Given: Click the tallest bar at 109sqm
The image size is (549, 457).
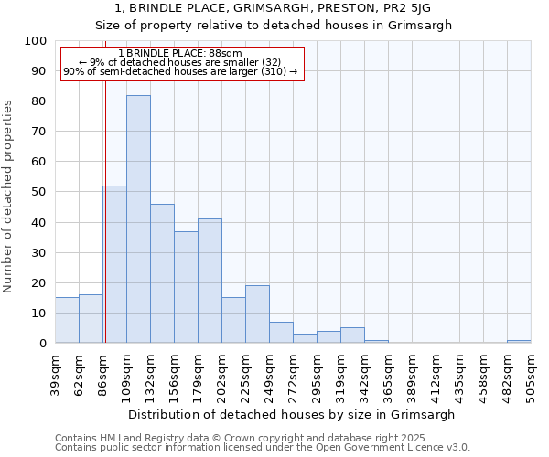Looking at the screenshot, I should (x=138, y=219).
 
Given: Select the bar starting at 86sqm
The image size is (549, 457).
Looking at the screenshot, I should (x=115, y=264).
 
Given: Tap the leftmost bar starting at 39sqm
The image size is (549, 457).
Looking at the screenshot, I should (x=67, y=320).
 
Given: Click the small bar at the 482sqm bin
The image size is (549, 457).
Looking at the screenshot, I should (x=519, y=341).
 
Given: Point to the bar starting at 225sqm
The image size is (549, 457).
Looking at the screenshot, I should (x=257, y=314).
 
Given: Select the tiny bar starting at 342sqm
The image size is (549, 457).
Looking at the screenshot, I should (x=376, y=341).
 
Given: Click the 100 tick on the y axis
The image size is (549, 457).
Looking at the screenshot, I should (x=37, y=41).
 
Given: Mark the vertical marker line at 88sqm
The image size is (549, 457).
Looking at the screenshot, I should (x=105, y=210).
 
